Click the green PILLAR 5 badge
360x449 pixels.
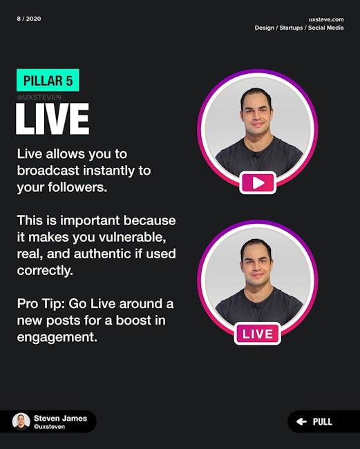tap(48, 80)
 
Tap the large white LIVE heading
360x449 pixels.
tap(53, 119)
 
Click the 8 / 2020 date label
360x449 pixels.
tap(29, 19)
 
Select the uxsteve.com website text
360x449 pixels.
tap(326, 19)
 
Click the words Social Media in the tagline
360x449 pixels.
tap(325, 28)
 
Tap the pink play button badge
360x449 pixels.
tap(258, 182)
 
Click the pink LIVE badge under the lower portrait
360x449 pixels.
tap(258, 334)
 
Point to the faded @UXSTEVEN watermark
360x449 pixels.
tap(39, 97)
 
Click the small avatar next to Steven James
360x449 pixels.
tap(21, 421)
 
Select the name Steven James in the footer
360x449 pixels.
tap(60, 419)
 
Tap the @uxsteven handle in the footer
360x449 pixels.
tap(49, 427)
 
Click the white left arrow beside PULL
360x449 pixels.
tap(301, 421)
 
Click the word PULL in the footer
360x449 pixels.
tap(323, 422)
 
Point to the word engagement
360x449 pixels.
tap(57, 337)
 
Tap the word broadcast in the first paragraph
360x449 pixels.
tap(48, 171)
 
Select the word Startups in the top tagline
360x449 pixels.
tap(291, 28)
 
